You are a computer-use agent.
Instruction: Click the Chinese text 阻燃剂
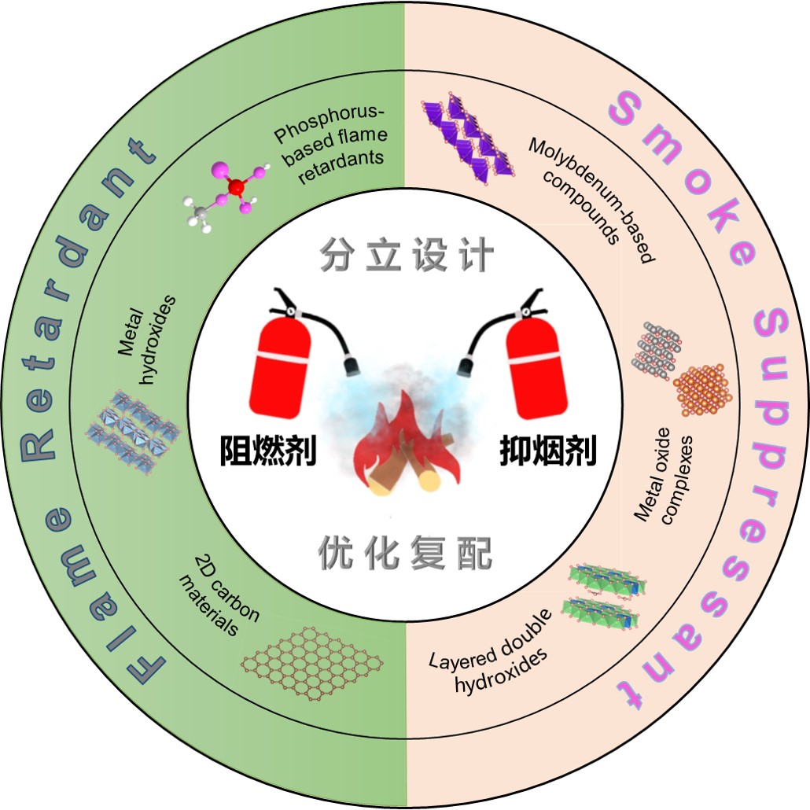[267, 450]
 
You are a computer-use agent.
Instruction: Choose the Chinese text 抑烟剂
[547, 450]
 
